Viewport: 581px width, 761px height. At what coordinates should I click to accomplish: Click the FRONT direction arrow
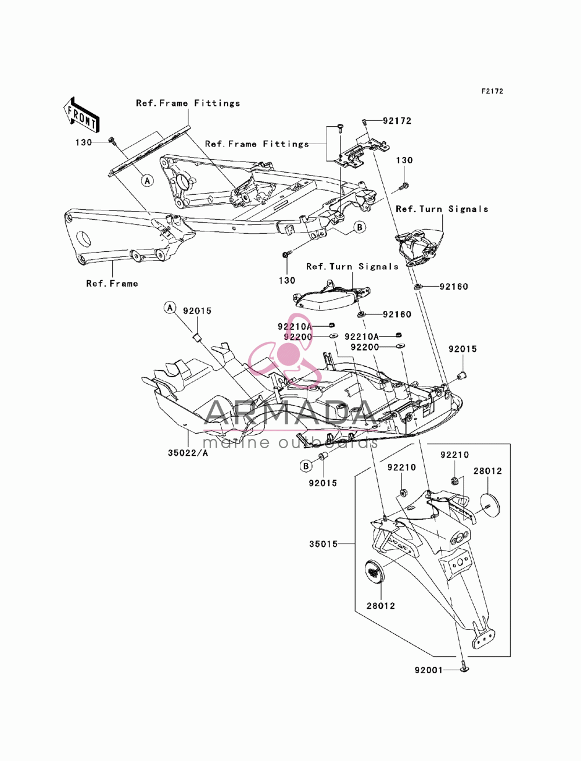(x=81, y=115)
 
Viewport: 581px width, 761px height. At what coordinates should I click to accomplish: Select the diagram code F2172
(x=492, y=91)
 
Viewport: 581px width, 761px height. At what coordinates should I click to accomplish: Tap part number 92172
(x=397, y=121)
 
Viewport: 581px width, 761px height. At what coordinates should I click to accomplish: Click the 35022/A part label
(x=188, y=453)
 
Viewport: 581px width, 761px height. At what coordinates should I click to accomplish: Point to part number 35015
(x=323, y=544)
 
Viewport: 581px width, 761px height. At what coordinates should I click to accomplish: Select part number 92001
(x=429, y=670)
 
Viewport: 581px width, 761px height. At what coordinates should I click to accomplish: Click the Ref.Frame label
(x=112, y=284)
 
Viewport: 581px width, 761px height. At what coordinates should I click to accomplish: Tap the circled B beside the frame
(x=360, y=227)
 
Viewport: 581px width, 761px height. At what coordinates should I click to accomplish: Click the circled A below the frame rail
(x=148, y=181)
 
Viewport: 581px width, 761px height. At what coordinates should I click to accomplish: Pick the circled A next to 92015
(x=170, y=308)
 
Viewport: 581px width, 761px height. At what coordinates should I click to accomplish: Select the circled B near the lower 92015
(x=306, y=466)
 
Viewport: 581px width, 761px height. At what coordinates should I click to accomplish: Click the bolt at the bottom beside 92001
(x=464, y=670)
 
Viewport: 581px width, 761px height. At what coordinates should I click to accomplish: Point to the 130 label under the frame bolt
(x=287, y=280)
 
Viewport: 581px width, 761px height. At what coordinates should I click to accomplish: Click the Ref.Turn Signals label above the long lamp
(x=352, y=266)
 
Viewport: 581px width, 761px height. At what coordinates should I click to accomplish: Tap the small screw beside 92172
(x=364, y=122)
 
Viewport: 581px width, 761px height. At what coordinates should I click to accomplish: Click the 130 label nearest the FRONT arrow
(x=84, y=142)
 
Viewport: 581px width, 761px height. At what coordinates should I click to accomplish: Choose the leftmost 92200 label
(x=298, y=337)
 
